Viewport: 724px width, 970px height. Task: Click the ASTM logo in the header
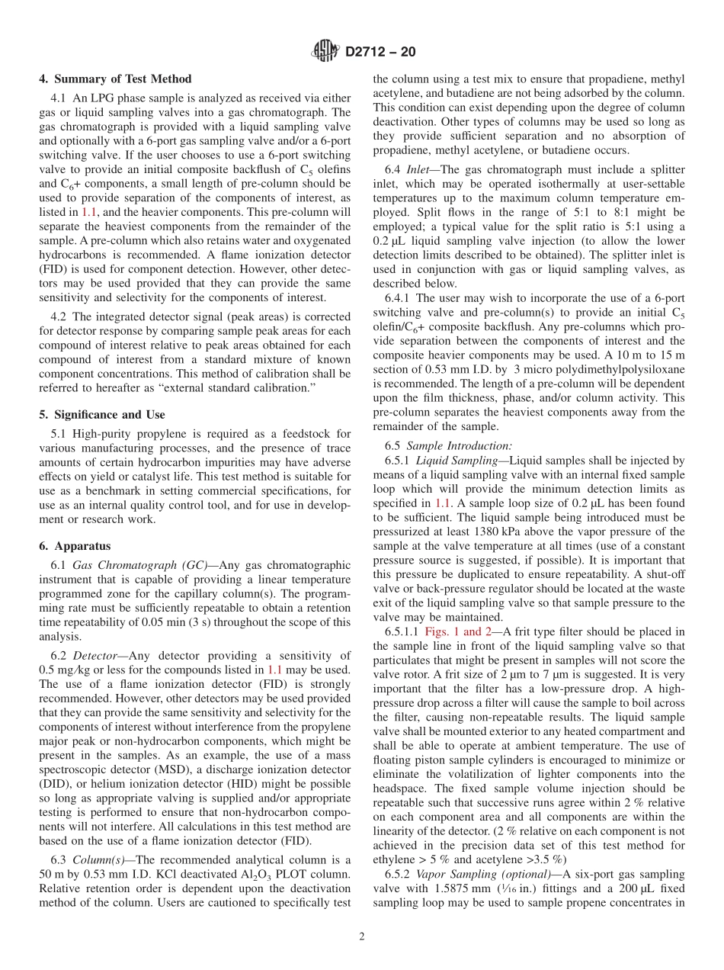(x=326, y=52)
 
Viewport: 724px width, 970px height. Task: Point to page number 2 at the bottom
(x=362, y=936)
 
